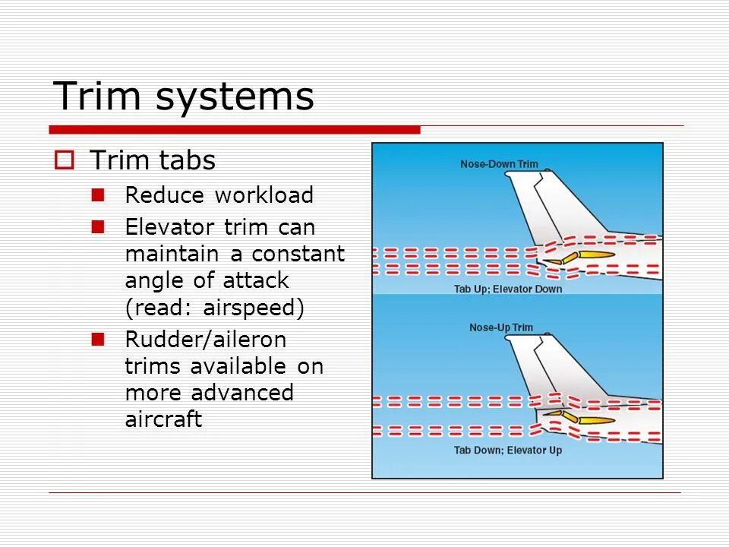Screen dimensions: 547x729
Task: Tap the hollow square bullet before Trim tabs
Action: tap(64, 160)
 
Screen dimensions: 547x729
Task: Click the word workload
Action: tap(264, 195)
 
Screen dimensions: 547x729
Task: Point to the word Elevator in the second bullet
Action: tap(170, 227)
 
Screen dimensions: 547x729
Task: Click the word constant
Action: tap(298, 254)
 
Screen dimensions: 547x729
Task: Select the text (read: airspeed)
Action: tap(215, 307)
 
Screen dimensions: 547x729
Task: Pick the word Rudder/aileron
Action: tap(205, 340)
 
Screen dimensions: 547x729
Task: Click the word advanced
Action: tap(242, 393)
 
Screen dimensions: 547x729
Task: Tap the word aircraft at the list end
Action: tap(163, 419)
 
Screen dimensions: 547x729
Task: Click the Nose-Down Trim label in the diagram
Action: tap(499, 164)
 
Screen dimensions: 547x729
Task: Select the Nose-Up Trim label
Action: tap(501, 327)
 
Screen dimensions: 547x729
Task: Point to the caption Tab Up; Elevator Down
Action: tap(508, 289)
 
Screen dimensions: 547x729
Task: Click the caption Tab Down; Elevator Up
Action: tap(508, 451)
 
